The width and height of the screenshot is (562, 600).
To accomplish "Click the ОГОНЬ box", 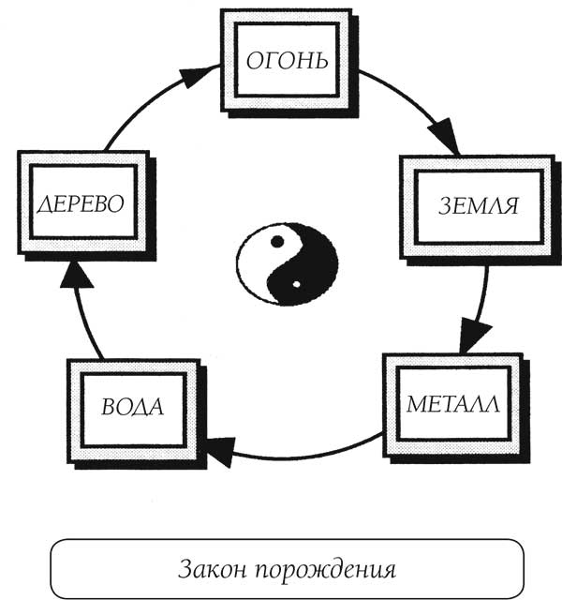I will [x=287, y=62].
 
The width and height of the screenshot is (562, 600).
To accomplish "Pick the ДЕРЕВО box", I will [x=82, y=204].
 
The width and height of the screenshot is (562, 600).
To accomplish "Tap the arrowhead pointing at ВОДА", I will [x=218, y=453].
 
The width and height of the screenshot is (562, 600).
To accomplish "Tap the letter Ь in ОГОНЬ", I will [x=318, y=62].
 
